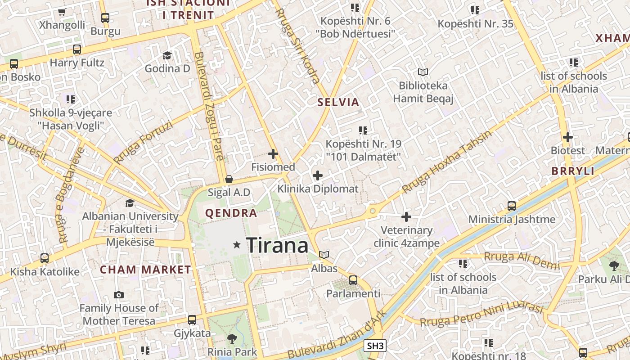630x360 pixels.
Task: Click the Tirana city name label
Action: tap(278, 246)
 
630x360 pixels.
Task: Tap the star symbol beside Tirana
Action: tap(237, 245)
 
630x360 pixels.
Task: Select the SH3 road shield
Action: tap(375, 346)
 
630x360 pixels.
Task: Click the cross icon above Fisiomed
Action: tap(273, 154)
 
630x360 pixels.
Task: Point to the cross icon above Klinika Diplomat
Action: tap(318, 175)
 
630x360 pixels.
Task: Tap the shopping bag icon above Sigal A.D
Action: tap(229, 180)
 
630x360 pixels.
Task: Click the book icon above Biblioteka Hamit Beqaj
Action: tap(423, 72)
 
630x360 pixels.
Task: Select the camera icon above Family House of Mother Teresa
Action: tap(119, 295)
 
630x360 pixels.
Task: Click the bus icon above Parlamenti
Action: tap(353, 280)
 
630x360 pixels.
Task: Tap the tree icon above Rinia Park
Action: tap(232, 338)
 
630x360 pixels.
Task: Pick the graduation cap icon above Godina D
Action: tap(167, 55)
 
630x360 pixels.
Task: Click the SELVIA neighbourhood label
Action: tap(338, 102)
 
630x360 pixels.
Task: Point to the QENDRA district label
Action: tap(231, 213)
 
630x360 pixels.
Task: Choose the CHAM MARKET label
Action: tap(145, 270)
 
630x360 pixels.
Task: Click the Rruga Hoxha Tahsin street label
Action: tap(447, 162)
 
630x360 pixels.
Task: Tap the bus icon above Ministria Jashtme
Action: tap(512, 206)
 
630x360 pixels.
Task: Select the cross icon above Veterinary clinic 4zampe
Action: tap(406, 217)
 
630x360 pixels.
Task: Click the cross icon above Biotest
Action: tap(568, 137)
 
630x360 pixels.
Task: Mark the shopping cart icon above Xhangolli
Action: tap(62, 12)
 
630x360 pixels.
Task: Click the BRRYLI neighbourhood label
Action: tap(573, 171)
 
